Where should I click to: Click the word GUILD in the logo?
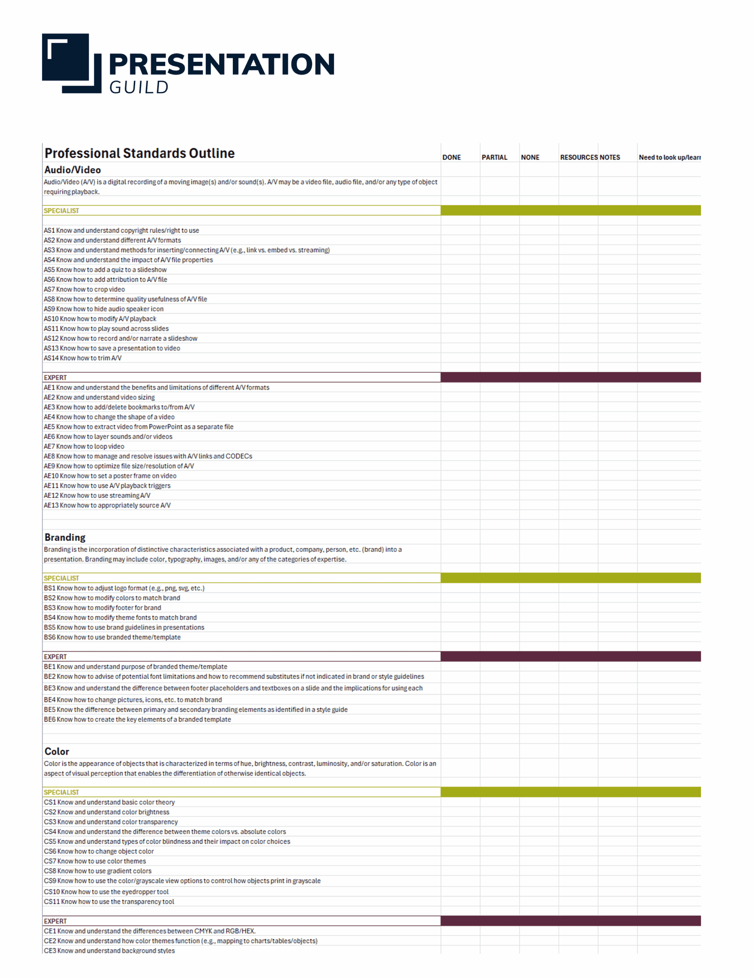138,87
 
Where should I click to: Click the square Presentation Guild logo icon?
71,63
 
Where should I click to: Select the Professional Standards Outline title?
140,153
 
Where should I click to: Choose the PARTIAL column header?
494,157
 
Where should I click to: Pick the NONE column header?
530,157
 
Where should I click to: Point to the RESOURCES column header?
578,157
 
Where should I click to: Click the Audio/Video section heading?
73,170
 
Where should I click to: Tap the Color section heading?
57,751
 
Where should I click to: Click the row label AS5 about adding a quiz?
106,270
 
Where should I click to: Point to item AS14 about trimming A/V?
83,358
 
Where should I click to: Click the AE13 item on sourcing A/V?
107,505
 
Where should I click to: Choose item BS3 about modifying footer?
102,608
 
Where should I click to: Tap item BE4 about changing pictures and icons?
133,699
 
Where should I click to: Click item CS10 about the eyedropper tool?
106,892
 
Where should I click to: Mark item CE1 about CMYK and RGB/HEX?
150,931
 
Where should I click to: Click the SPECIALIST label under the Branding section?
62,578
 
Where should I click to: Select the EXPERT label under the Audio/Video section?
55,377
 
